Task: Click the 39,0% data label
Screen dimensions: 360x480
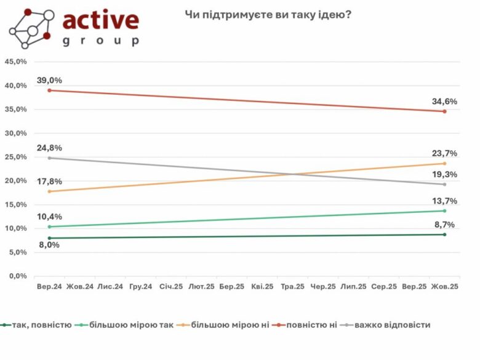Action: [49, 81]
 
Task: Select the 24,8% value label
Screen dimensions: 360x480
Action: [49, 148]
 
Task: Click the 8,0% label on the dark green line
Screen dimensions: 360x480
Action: [49, 246]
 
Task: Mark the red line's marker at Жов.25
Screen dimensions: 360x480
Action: [444, 111]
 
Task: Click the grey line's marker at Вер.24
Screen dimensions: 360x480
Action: [49, 158]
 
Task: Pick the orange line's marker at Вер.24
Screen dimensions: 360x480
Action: [49, 191]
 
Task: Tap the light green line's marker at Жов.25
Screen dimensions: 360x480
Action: [444, 211]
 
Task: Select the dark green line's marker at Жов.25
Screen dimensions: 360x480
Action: [444, 234]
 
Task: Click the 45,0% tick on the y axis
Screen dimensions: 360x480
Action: [16, 62]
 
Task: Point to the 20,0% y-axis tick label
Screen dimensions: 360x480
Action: [16, 181]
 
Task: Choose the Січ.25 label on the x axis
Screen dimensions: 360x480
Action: [170, 287]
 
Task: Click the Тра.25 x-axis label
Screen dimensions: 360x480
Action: [292, 287]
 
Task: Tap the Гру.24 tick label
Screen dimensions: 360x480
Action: [140, 287]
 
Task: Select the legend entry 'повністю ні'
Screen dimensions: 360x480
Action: [306, 324]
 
